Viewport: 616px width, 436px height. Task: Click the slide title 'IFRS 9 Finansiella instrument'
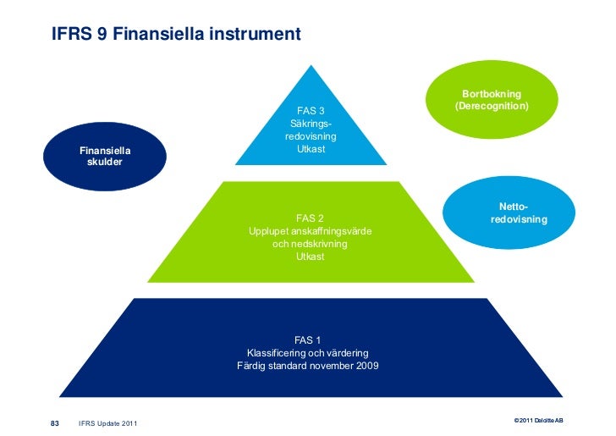click(175, 36)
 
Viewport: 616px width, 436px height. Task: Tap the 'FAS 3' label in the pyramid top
click(311, 110)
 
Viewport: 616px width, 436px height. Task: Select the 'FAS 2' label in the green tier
click(310, 218)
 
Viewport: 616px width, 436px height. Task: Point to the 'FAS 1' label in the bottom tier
click(307, 340)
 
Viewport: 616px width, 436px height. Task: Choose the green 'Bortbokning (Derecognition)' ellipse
click(492, 100)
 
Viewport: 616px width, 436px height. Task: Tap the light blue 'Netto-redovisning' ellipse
click(518, 212)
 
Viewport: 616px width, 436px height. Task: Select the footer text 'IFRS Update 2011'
click(107, 423)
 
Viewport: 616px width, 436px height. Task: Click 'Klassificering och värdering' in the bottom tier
click(307, 353)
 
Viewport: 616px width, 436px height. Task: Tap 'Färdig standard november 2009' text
click(307, 366)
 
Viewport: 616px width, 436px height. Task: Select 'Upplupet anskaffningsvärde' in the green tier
click(310, 231)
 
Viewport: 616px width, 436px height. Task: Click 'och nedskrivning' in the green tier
click(310, 244)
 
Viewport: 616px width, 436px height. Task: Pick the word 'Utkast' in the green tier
click(310, 257)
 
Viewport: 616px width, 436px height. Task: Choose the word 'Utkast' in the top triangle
click(311, 149)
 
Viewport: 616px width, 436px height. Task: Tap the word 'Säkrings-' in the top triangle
click(311, 124)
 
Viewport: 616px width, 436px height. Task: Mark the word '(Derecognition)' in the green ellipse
click(492, 107)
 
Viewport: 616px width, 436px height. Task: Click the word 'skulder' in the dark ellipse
click(104, 162)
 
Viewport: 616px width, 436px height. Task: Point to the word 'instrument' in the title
click(259, 36)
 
